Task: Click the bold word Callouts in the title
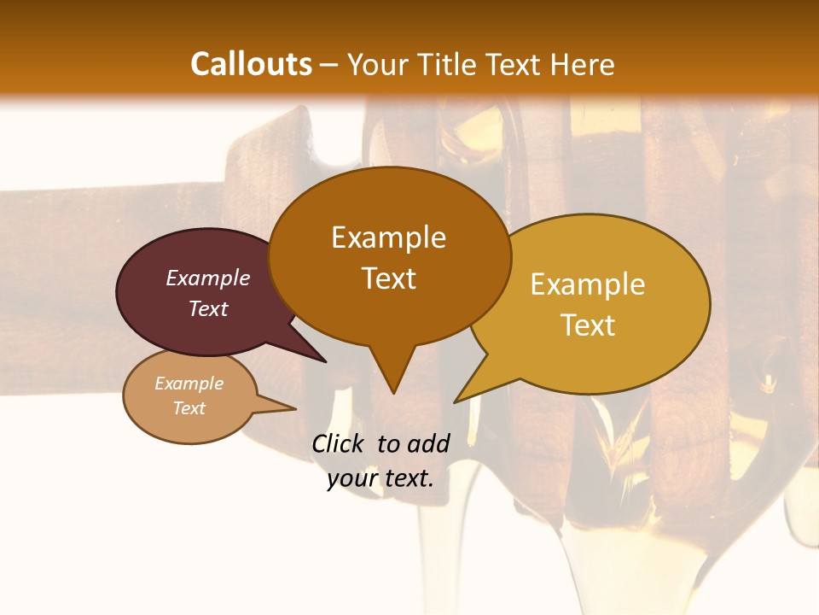(x=251, y=64)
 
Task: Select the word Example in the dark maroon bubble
(x=208, y=278)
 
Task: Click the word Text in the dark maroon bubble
(x=208, y=308)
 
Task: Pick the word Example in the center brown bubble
(x=388, y=237)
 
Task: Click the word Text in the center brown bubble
(x=388, y=278)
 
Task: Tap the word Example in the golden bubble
(x=588, y=284)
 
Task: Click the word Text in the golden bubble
(x=588, y=325)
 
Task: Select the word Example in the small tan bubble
(x=189, y=384)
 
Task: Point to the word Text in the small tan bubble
(x=189, y=408)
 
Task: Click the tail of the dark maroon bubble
(x=322, y=360)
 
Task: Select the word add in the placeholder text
(x=428, y=443)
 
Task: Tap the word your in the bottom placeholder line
(x=351, y=478)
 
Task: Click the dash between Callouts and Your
(x=329, y=65)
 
